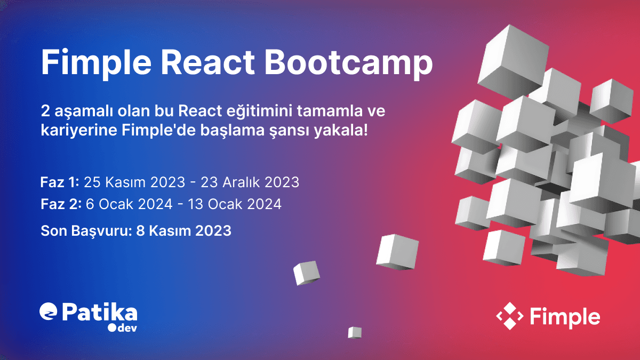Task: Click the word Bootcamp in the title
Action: click(x=348, y=63)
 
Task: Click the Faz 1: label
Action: click(x=60, y=182)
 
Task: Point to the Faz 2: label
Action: click(x=61, y=204)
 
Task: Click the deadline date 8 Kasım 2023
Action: click(x=183, y=231)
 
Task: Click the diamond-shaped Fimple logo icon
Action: click(x=509, y=316)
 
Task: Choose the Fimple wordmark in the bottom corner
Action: click(x=565, y=316)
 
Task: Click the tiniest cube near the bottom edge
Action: click(x=355, y=332)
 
